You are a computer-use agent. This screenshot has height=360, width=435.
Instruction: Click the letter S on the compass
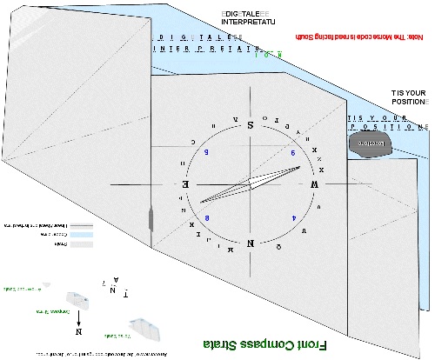tap(251, 124)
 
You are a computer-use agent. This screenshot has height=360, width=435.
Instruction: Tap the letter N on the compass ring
tap(251, 243)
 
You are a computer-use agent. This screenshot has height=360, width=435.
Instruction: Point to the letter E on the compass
tap(184, 184)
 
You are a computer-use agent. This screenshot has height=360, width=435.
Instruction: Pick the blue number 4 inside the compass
tap(293, 217)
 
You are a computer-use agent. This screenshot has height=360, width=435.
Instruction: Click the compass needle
tap(249, 184)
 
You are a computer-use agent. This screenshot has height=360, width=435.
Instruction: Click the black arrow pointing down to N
tap(78, 317)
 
